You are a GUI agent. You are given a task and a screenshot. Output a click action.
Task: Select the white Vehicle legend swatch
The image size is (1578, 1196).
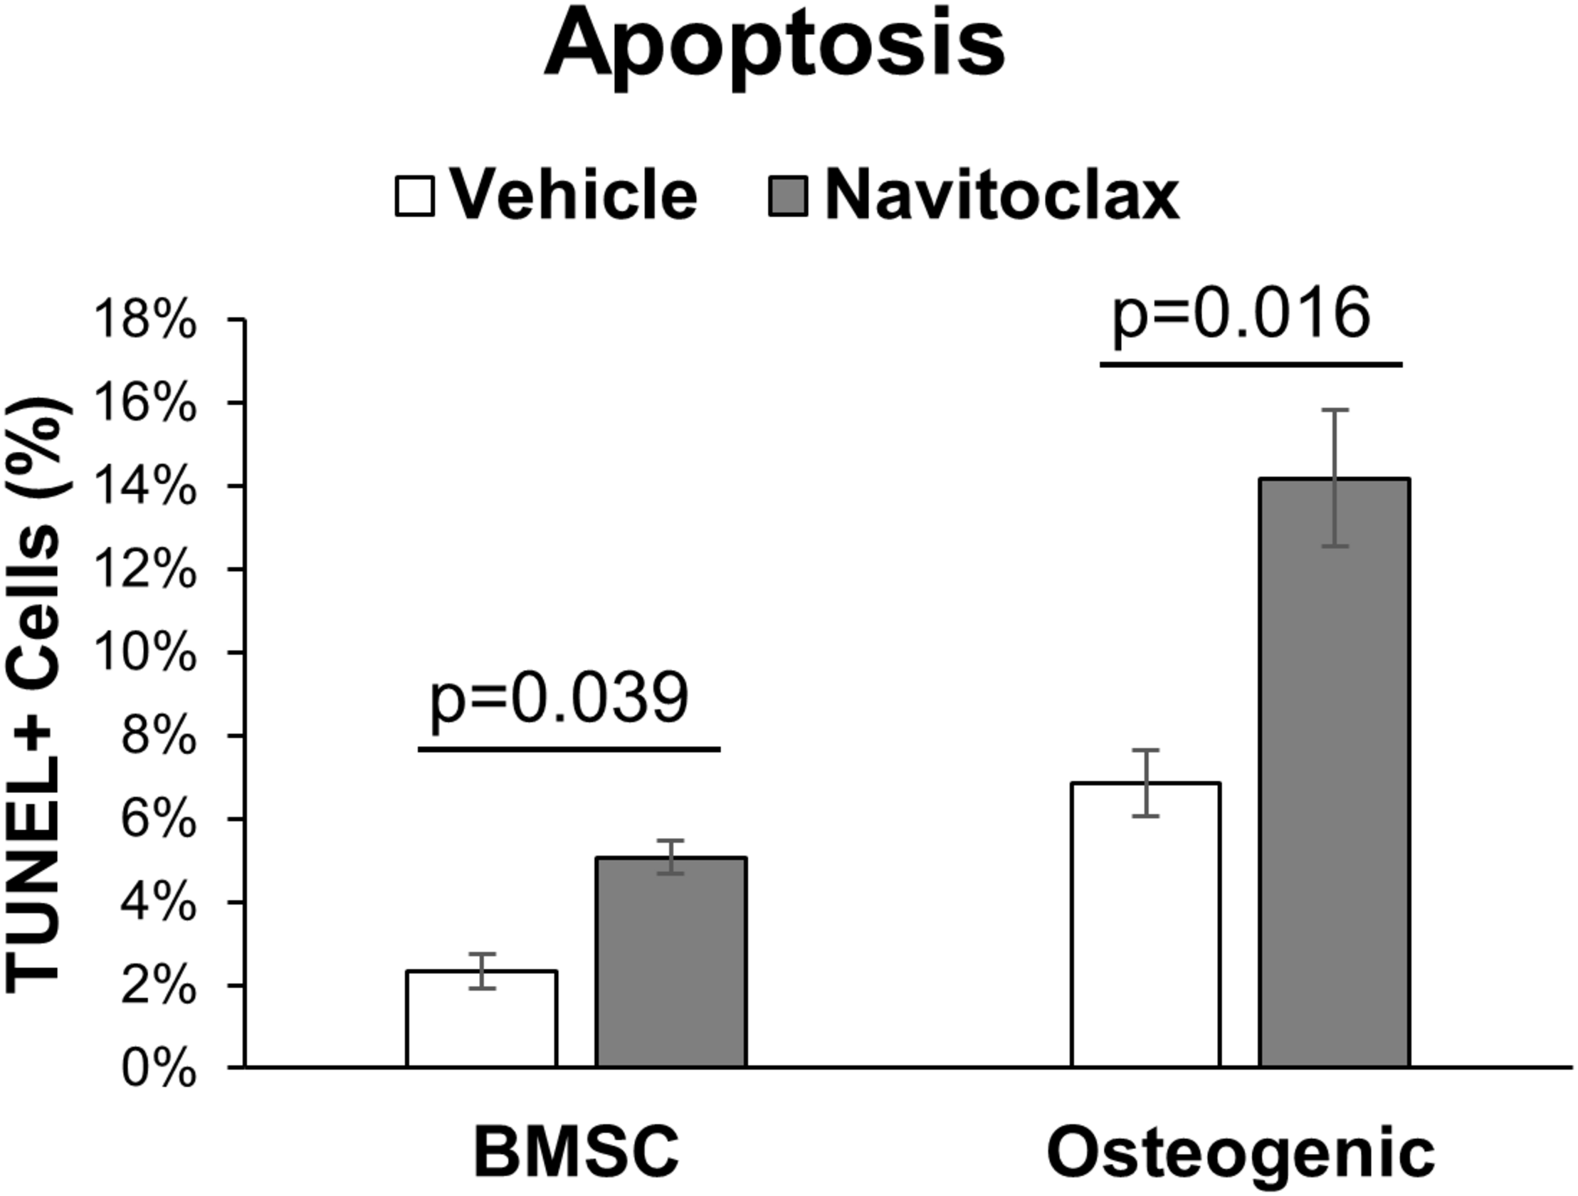(x=414, y=196)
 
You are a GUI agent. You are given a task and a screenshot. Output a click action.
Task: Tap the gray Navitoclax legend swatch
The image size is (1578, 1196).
(x=787, y=196)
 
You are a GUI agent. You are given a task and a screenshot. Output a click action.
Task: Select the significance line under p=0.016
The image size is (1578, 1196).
(x=1251, y=364)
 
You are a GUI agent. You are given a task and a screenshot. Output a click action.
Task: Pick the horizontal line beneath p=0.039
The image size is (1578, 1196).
(x=569, y=750)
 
